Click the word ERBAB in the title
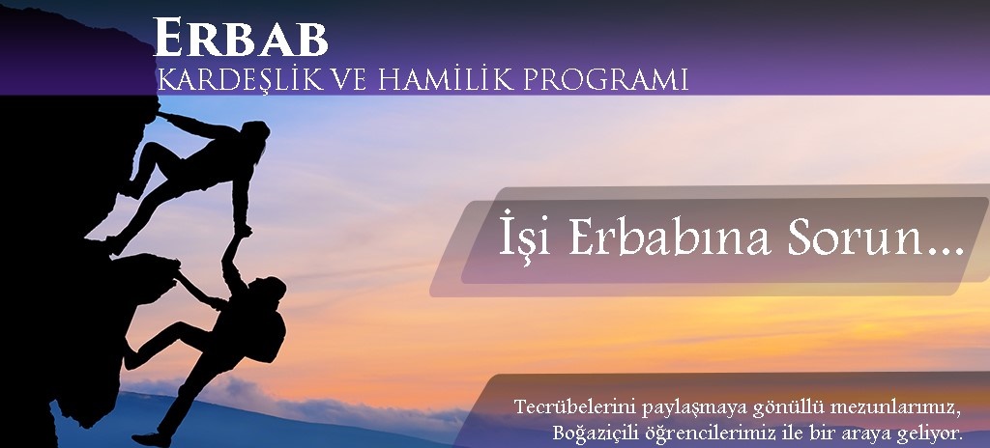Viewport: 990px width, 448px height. tap(241, 39)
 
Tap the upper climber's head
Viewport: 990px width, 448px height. tap(255, 133)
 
